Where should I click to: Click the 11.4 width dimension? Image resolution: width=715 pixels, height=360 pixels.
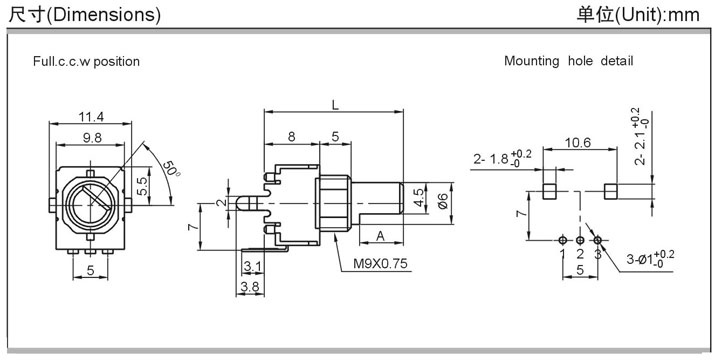coord(91,117)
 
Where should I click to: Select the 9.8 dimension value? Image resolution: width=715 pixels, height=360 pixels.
coord(92,138)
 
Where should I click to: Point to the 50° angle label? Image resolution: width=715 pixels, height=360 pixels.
coord(171,169)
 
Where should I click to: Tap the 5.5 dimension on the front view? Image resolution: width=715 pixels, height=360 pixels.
coord(143,186)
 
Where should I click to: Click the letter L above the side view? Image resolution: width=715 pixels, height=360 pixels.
coord(335,105)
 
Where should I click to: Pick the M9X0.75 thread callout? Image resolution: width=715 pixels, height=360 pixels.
coord(380,264)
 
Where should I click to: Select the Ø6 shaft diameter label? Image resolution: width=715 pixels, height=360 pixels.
coord(443,201)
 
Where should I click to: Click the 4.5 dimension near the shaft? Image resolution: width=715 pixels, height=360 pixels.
coord(419,198)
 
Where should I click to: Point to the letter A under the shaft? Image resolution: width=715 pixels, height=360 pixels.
coord(380,235)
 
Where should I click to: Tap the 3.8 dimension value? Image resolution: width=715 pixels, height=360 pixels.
coord(250,287)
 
